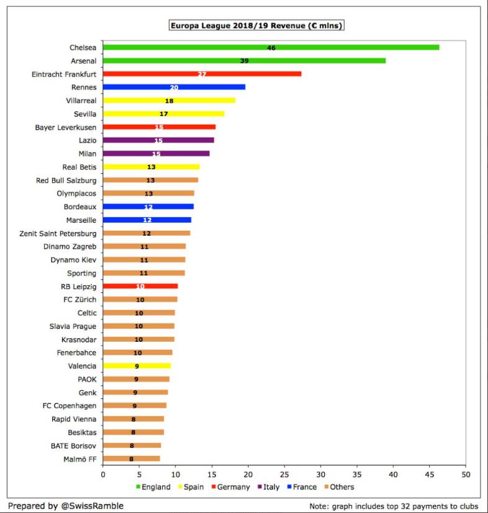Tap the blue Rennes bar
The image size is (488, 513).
click(x=174, y=87)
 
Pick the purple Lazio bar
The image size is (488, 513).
click(x=158, y=140)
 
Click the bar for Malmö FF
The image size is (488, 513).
click(x=131, y=459)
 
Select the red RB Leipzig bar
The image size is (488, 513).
click(x=140, y=287)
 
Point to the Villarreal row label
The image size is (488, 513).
click(x=81, y=100)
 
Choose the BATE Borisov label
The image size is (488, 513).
click(x=73, y=445)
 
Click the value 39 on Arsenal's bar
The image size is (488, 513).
click(x=245, y=61)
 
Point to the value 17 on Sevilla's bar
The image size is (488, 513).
click(x=164, y=114)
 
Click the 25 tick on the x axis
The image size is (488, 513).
click(x=284, y=475)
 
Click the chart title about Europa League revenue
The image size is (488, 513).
click(x=256, y=26)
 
